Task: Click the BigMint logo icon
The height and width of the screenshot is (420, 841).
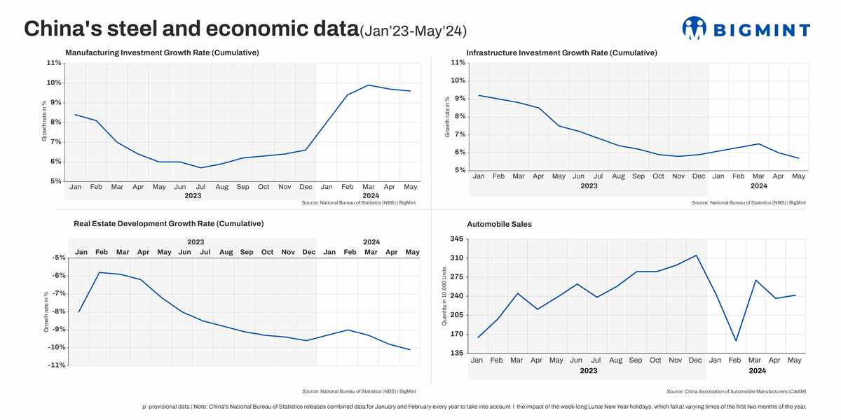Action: tap(694, 28)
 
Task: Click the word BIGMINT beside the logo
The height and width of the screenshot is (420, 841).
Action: tap(761, 29)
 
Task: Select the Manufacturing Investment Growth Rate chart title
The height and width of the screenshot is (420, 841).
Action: tap(162, 52)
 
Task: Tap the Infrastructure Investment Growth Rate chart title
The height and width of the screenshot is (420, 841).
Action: tap(561, 52)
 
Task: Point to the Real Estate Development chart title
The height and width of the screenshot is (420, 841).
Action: tap(168, 224)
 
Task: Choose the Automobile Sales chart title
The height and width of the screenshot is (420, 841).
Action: tap(499, 224)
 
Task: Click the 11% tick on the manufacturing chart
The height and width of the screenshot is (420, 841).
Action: tap(54, 63)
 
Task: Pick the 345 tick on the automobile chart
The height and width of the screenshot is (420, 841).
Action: tap(456, 239)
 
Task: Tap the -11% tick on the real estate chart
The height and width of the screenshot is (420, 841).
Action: tap(57, 365)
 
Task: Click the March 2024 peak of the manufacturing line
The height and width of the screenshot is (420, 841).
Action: tap(369, 85)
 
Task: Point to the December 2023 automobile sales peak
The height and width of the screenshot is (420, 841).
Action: tap(696, 255)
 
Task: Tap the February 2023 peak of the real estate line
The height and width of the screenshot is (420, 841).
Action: tap(100, 272)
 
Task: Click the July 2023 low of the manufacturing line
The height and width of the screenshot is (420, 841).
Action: tap(201, 167)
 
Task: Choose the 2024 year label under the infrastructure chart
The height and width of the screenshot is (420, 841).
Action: tap(758, 185)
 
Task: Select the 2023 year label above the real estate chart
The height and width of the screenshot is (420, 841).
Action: tap(196, 242)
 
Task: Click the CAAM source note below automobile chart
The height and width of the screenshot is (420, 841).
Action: tap(736, 391)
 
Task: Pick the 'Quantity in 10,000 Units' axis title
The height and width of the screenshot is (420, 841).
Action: tap(444, 296)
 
